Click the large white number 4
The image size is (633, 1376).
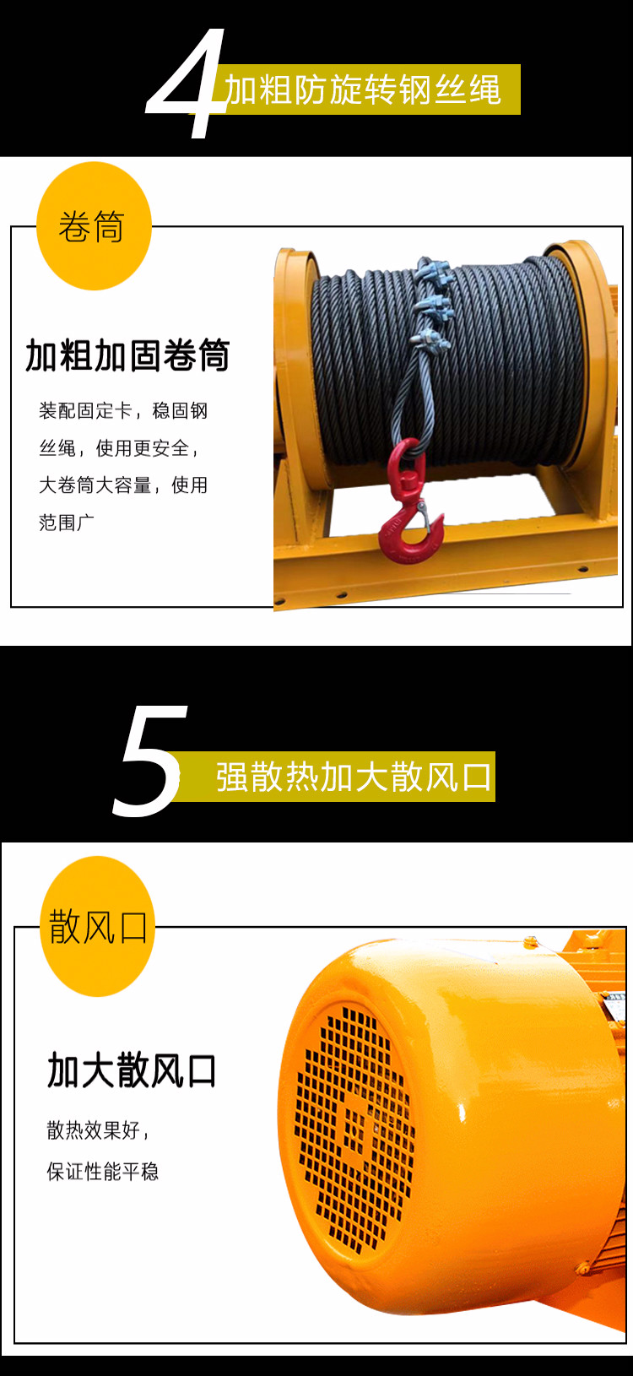pos(184,83)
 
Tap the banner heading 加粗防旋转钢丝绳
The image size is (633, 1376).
pos(363,89)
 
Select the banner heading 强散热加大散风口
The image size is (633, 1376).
pos(354,777)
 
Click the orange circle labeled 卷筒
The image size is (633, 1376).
pos(94,225)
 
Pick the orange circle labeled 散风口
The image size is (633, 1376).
pos(98,926)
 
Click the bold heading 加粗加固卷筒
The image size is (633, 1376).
pos(127,355)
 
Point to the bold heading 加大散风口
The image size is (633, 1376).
pos(132,1070)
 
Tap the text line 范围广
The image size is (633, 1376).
pos(67,523)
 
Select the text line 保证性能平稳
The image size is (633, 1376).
pos(102,1172)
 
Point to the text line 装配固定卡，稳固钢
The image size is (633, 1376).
pos(123,410)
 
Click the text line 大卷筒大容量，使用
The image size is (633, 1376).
pos(123,485)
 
